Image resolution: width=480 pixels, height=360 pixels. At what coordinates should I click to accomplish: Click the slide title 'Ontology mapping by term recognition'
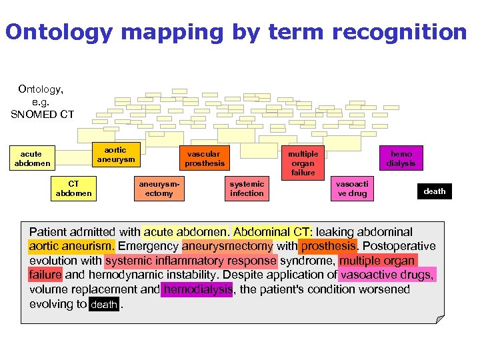pyautogui.click(x=236, y=31)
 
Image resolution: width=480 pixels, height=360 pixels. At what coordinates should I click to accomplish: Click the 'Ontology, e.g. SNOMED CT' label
pyautogui.click(x=41, y=101)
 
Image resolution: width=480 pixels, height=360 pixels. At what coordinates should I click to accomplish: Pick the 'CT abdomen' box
pyautogui.click(x=73, y=189)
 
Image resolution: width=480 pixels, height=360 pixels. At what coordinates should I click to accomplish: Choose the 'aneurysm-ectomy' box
pyautogui.click(x=159, y=189)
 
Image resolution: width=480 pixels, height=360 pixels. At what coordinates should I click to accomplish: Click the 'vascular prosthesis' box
pyautogui.click(x=205, y=159)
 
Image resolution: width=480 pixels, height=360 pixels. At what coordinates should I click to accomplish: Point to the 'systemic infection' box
pyautogui.click(x=247, y=189)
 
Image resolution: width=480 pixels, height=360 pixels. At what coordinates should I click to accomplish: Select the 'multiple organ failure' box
pyautogui.click(x=303, y=163)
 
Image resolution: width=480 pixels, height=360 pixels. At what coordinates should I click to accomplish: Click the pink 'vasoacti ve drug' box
pyautogui.click(x=351, y=189)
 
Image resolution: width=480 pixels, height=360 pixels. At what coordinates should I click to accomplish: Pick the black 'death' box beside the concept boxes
pyautogui.click(x=434, y=191)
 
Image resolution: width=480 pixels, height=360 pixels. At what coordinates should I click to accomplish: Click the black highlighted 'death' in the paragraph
pyautogui.click(x=103, y=305)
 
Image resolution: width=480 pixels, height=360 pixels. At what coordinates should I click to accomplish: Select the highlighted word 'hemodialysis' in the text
pyautogui.click(x=198, y=289)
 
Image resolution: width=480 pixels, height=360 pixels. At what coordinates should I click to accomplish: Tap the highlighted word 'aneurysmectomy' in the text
pyautogui.click(x=227, y=247)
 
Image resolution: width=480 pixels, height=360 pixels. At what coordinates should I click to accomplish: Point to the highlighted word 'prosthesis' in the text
pyautogui.click(x=328, y=247)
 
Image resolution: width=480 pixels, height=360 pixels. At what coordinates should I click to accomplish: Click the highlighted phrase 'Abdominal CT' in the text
pyautogui.click(x=272, y=232)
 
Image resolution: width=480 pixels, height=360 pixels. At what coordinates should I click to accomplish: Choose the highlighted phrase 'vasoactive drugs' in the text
pyautogui.click(x=387, y=275)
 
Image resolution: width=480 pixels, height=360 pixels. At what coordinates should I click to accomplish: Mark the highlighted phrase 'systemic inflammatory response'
pyautogui.click(x=191, y=261)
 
